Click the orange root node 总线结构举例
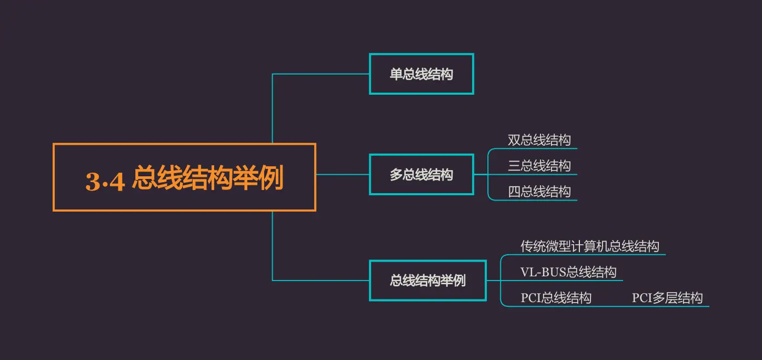[184, 177]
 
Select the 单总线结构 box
[421, 74]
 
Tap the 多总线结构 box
[421, 175]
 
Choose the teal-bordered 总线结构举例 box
[427, 281]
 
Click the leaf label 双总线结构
[539, 140]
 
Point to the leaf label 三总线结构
[539, 166]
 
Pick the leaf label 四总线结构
[539, 192]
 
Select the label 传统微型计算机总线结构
[589, 246]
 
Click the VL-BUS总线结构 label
[568, 272]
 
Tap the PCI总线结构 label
[556, 298]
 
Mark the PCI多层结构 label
[667, 298]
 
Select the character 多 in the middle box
[396, 175]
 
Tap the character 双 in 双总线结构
[514, 140]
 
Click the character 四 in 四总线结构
[514, 192]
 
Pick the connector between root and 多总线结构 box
[342, 174]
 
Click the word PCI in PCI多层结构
[641, 298]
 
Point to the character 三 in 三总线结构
[514, 166]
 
